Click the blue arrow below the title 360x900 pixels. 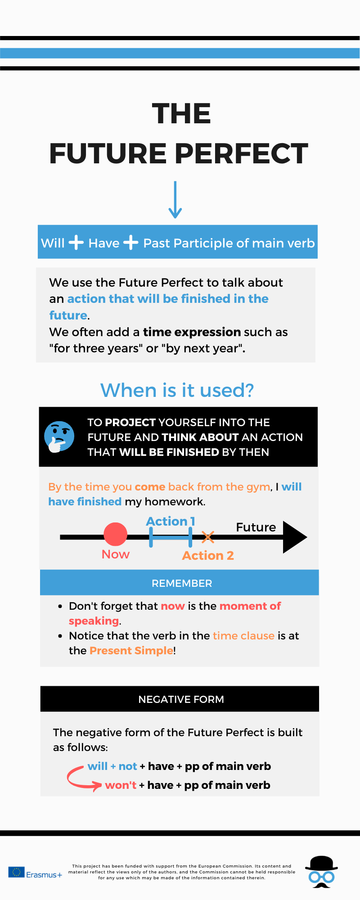click(175, 200)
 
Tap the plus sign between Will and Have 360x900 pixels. click(76, 242)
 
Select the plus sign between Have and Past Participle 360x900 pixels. click(130, 242)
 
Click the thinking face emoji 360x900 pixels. click(59, 436)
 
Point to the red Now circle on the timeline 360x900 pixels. click(116, 534)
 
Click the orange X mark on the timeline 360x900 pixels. click(208, 537)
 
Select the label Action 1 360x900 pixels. click(171, 521)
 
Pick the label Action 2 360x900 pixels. click(208, 556)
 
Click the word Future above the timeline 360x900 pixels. click(256, 527)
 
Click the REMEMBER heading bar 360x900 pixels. click(180, 583)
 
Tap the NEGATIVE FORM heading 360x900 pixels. click(181, 699)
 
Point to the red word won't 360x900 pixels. click(121, 785)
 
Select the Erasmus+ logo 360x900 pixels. click(35, 873)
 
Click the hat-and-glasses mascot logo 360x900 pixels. click(321, 872)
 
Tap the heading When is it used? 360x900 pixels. click(177, 390)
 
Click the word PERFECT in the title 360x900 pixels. click(241, 153)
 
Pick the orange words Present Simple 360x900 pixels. click(131, 651)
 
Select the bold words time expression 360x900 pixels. click(192, 332)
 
